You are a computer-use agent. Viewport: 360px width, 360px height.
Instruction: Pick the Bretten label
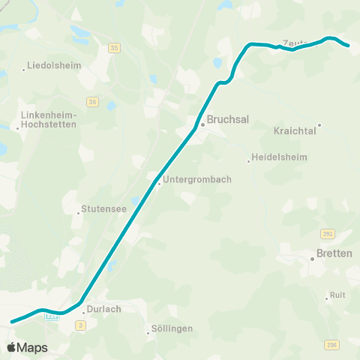[334, 253]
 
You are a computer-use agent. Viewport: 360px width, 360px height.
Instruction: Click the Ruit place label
[337, 295]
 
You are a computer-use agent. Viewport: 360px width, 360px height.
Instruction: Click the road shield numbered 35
[114, 47]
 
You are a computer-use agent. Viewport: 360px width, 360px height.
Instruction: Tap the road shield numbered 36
[92, 101]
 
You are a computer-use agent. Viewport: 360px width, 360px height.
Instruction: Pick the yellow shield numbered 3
[80, 324]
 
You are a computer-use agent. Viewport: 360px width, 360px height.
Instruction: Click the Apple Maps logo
[27, 347]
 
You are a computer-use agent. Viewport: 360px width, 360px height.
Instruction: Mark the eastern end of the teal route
[349, 46]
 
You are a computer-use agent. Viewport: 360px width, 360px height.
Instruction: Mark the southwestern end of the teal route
[11, 322]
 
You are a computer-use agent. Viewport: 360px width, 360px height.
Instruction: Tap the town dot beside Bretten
[313, 259]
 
